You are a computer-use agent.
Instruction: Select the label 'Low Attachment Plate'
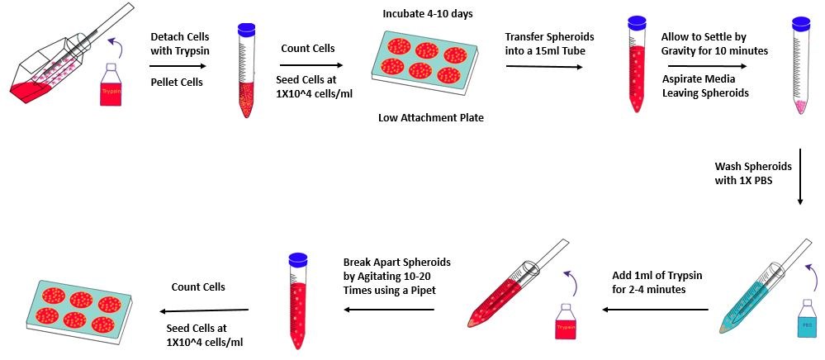[x=430, y=117]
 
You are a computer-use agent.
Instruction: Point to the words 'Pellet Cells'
[x=176, y=83]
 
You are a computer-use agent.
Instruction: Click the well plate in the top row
[x=417, y=63]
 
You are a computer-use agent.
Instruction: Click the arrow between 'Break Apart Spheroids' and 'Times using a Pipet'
[x=388, y=310]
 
